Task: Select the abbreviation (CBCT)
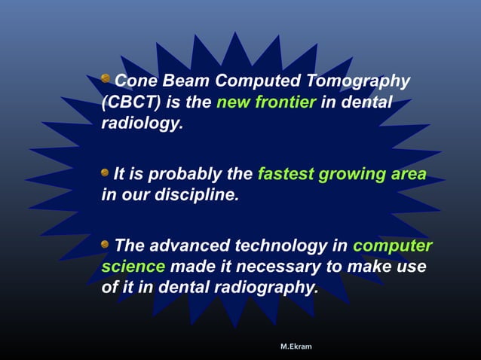(127, 102)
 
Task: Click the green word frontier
(286, 102)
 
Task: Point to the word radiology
(142, 123)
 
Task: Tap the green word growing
(351, 175)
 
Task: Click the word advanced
(188, 246)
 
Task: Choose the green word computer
(392, 246)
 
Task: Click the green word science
(133, 267)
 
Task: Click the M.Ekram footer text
(296, 346)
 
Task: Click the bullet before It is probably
(106, 172)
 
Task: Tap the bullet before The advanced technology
(106, 244)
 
